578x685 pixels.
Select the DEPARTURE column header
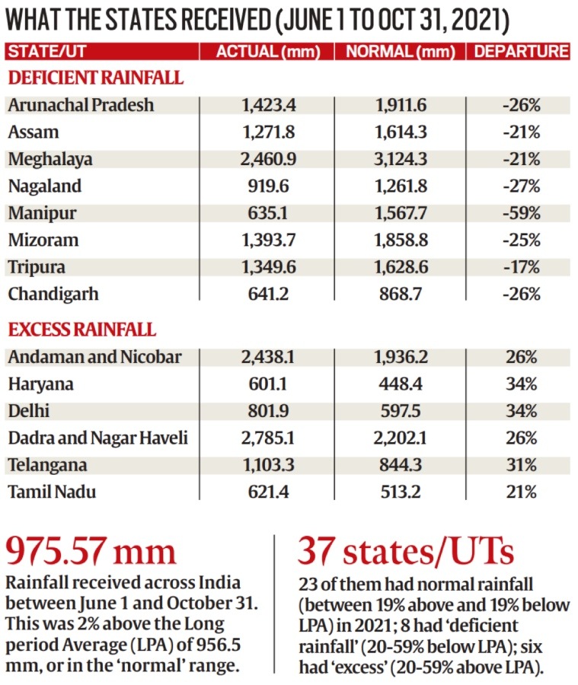point(520,52)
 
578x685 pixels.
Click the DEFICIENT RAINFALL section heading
point(95,78)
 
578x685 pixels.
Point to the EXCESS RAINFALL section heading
point(82,330)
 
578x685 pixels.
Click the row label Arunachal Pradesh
point(81,105)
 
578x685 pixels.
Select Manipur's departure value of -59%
point(521,213)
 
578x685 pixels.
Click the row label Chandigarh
point(53,294)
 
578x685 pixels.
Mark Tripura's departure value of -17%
point(521,267)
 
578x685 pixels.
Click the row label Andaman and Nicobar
point(95,357)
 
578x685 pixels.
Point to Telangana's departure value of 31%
point(521,465)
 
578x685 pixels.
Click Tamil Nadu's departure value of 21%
point(521,492)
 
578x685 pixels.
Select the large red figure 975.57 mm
point(91,550)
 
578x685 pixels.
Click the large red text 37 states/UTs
point(405,550)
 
